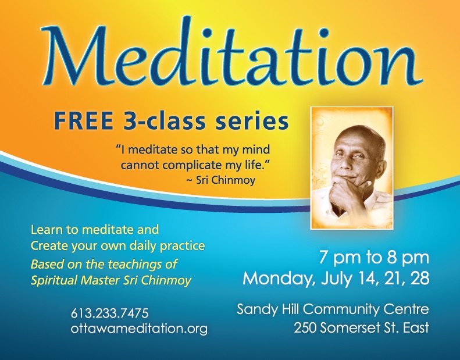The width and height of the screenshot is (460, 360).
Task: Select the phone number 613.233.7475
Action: coord(110,313)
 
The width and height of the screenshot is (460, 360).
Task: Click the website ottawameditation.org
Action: coord(139,329)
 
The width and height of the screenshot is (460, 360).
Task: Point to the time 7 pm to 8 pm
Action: coord(374,258)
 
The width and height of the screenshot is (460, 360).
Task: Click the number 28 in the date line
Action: coord(419,278)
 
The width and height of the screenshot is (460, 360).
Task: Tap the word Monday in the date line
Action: coord(280,279)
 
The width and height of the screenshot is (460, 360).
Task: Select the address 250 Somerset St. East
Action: coord(362,327)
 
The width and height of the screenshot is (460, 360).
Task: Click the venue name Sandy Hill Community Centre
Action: coord(333,309)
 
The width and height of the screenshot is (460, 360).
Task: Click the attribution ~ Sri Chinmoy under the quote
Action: coord(220,180)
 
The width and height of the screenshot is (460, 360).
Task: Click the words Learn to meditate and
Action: coord(95,230)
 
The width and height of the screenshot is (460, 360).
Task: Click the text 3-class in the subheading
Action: coord(163,122)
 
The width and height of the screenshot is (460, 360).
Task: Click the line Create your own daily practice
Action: coord(117,246)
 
